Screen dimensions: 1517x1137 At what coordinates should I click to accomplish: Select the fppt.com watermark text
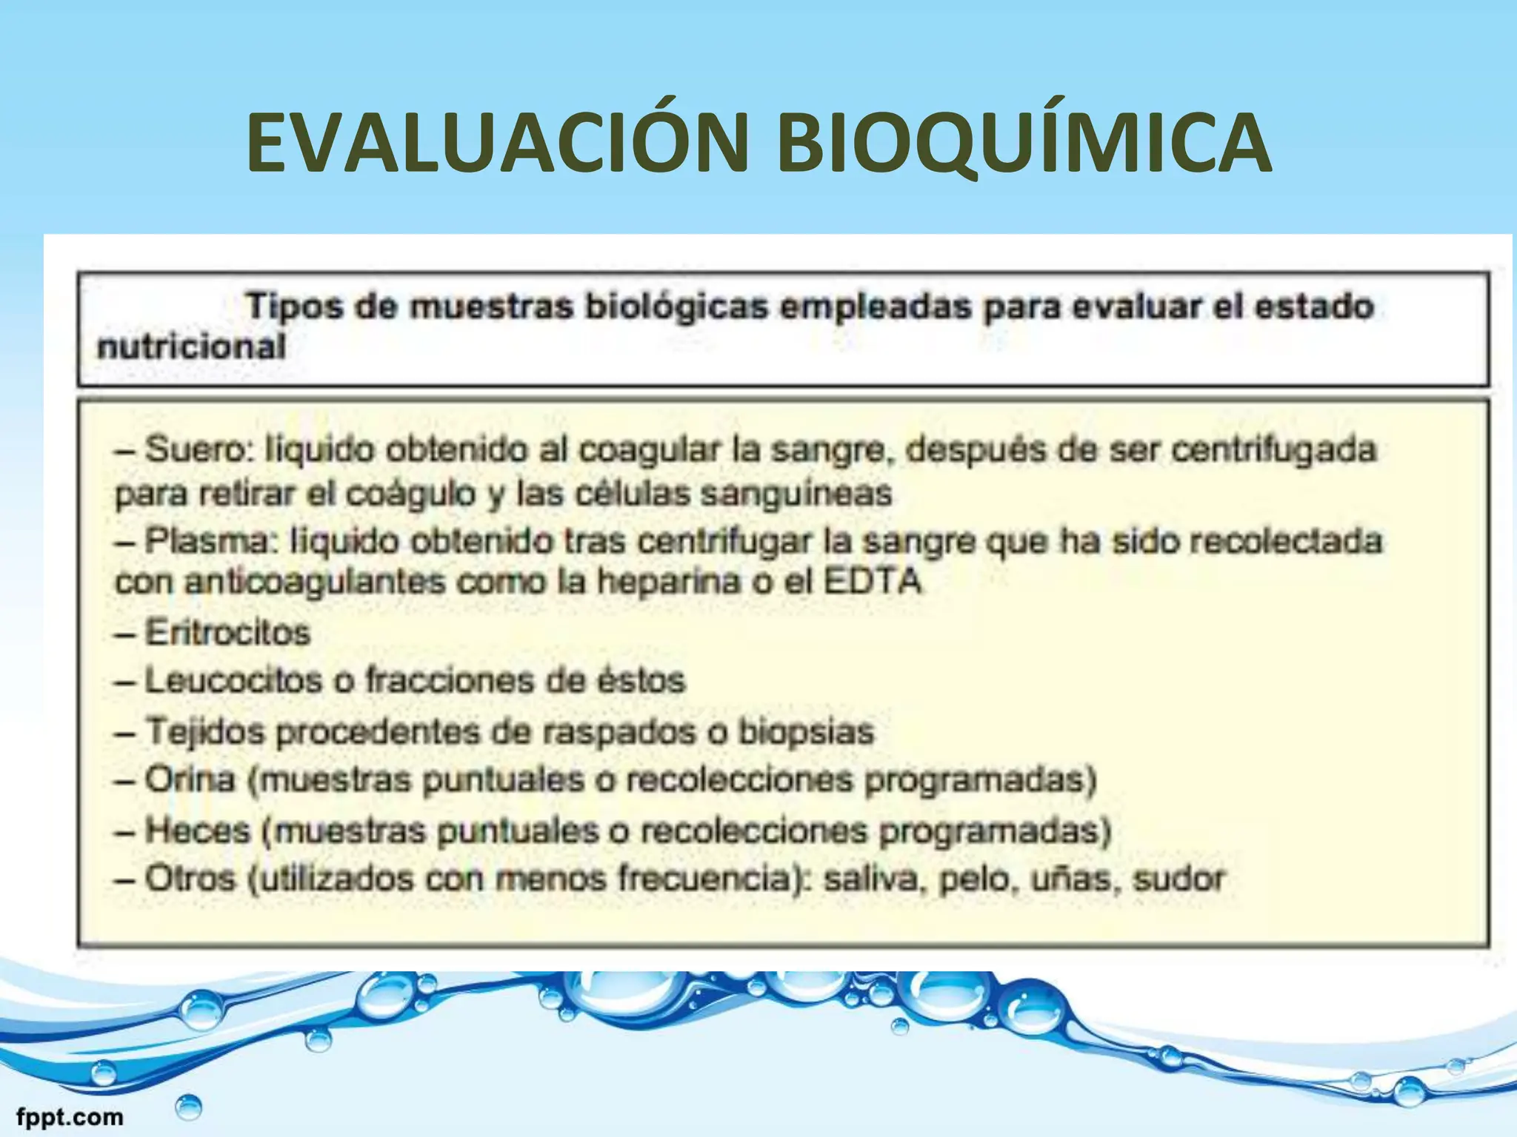point(70,1116)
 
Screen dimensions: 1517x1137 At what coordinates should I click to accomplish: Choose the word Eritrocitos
point(227,633)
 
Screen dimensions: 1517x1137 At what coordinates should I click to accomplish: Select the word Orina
point(190,779)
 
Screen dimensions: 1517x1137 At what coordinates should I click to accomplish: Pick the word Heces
point(198,831)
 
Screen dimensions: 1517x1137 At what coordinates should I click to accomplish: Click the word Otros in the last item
point(190,879)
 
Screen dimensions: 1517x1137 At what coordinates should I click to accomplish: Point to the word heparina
point(669,582)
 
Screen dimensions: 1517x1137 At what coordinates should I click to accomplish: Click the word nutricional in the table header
point(191,346)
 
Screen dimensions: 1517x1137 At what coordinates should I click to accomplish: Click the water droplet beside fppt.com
point(189,1107)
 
